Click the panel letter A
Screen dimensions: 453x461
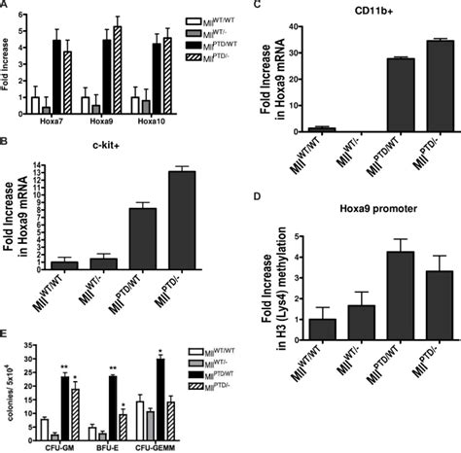(7, 6)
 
